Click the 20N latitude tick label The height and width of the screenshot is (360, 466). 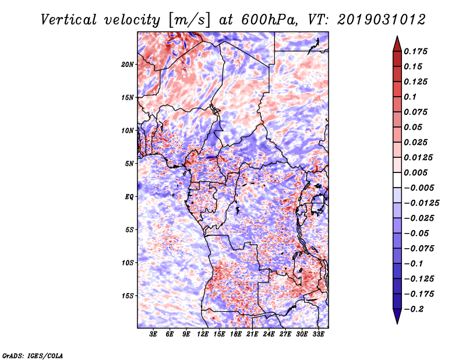(128, 64)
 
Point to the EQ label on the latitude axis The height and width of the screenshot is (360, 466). (129, 197)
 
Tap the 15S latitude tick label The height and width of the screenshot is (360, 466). (128, 296)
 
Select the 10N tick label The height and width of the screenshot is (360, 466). (128, 130)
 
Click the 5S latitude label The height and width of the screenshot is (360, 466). (129, 230)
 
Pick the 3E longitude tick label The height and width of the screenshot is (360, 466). (154, 335)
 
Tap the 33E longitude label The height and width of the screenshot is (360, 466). (319, 335)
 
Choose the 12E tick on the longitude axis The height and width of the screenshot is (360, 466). (203, 335)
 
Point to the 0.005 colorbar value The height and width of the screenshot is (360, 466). (418, 172)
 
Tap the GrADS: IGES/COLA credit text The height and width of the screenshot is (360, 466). (33, 355)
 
